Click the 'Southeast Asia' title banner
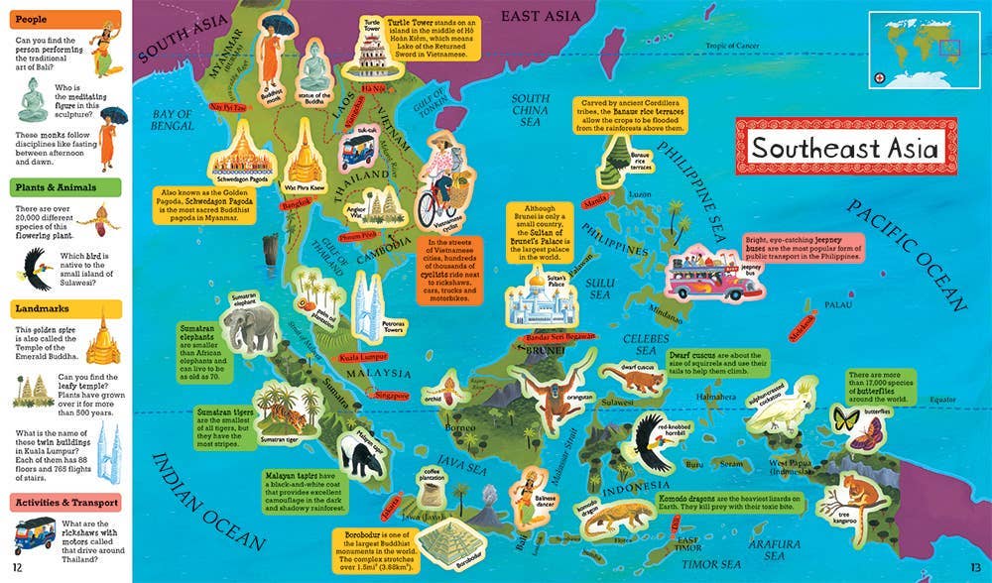tap(844, 149)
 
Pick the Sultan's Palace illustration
tap(539, 297)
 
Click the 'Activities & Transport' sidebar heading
tap(65, 502)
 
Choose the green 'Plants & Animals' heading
tap(65, 187)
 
